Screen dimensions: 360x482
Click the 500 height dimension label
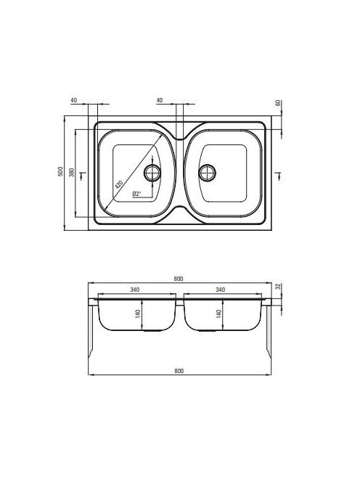pyautogui.click(x=60, y=171)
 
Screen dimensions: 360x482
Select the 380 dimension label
pyautogui.click(x=72, y=172)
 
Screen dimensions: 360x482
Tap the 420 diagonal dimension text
pyautogui.click(x=118, y=184)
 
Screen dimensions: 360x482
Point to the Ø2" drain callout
pyautogui.click(x=136, y=194)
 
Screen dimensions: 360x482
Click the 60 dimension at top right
pyautogui.click(x=278, y=103)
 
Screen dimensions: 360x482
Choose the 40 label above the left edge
pyautogui.click(x=74, y=100)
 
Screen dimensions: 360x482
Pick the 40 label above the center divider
pyautogui.click(x=160, y=100)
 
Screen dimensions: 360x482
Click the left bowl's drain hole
pyautogui.click(x=152, y=173)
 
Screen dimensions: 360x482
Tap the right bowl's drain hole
pyautogui.click(x=207, y=173)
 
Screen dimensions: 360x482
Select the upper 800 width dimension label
pyautogui.click(x=179, y=279)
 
